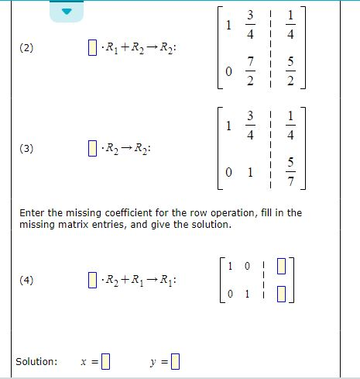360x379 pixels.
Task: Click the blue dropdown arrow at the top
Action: point(67,10)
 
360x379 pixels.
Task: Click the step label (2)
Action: point(26,49)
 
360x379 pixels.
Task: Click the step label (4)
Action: point(26,280)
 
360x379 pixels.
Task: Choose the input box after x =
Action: point(107,362)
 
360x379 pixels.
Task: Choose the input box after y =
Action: point(175,362)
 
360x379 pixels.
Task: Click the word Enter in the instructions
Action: point(33,212)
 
